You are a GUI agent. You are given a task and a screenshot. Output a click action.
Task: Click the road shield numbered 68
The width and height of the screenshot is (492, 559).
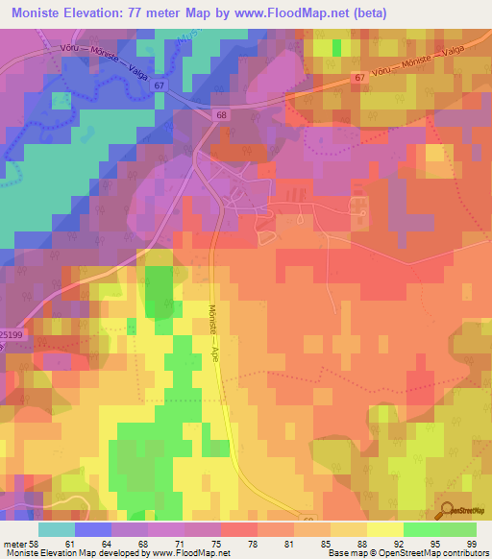(222, 115)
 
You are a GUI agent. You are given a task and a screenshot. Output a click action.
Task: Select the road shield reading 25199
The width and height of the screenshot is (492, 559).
(11, 334)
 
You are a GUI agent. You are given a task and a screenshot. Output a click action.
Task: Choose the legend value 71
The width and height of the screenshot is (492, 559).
(186, 543)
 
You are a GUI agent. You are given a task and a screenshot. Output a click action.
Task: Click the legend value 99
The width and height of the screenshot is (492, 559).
(471, 543)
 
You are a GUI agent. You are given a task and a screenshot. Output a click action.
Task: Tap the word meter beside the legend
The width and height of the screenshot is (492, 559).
(13, 543)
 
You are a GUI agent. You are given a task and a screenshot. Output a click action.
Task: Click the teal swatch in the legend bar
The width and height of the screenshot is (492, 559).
(57, 529)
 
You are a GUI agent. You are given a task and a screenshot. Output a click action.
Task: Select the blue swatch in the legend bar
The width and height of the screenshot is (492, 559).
(93, 529)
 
